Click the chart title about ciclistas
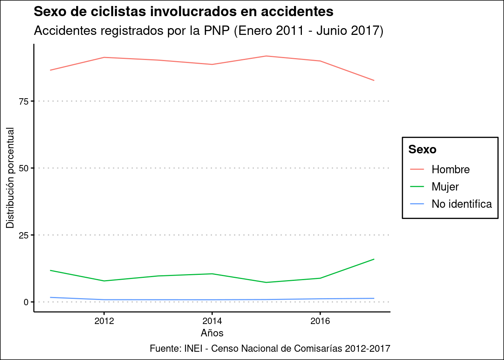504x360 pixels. pos(183,12)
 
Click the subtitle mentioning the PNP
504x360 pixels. pos(208,31)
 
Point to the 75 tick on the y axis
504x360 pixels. pos(24,101)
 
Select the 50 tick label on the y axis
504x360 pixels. pos(24,168)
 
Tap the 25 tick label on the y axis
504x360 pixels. pos(24,235)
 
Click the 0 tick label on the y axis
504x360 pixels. pos(26,302)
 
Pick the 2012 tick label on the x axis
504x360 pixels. pos(104,321)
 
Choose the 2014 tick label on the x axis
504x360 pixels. pos(212,321)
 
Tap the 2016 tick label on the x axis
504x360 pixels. pos(320,321)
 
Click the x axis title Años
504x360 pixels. pos(212,333)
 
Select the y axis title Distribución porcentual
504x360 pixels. pos(10,178)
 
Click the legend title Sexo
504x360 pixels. pos(422,150)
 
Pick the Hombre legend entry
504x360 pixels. pos(450,169)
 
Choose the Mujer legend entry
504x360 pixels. pos(445,187)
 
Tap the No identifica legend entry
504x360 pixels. pos(462,204)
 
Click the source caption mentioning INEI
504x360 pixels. pos(270,348)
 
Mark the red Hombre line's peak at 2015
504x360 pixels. pos(266,56)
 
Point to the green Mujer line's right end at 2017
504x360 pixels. pos(374,259)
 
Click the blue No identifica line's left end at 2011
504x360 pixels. pos(50,297)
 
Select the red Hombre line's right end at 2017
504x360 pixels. pos(374,80)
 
